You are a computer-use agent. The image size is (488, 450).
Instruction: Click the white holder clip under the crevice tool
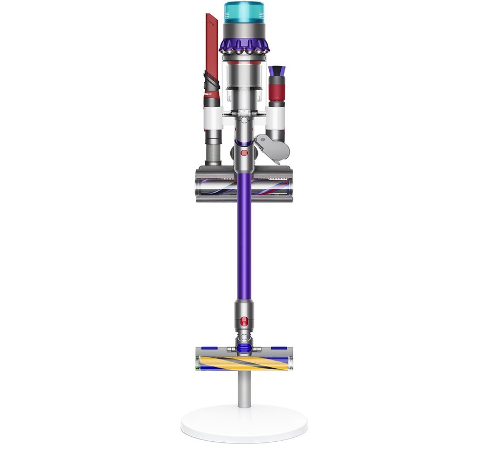[212, 116]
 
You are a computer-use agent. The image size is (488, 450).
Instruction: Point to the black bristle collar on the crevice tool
[212, 86]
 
